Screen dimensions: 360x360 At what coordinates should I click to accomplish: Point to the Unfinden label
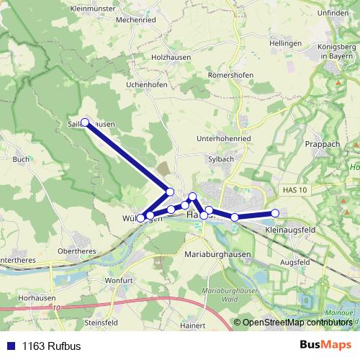(x=331, y=12)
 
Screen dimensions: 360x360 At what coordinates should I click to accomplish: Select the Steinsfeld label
(x=101, y=323)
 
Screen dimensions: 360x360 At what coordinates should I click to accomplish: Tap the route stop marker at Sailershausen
(x=85, y=122)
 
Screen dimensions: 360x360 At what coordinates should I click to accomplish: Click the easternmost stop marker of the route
(x=274, y=212)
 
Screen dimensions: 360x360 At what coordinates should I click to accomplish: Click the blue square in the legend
(x=11, y=346)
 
